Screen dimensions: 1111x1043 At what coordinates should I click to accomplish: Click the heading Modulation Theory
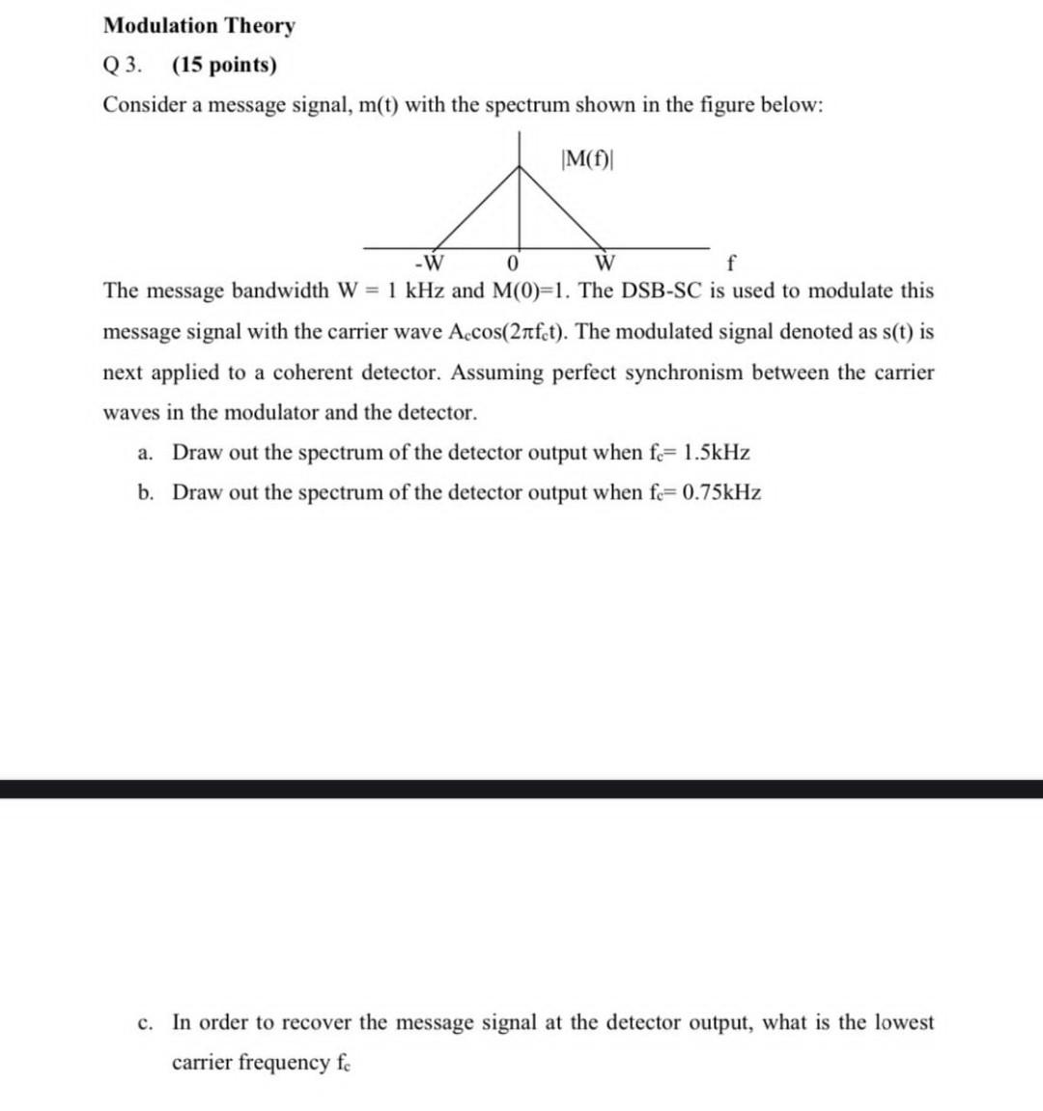tap(199, 25)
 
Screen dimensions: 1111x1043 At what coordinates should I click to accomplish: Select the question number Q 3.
tap(122, 66)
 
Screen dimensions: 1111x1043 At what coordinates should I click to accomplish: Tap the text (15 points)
tap(224, 66)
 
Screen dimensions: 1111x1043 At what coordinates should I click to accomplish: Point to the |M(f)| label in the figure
tap(587, 158)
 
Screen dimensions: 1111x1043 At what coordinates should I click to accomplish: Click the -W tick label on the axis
tap(427, 263)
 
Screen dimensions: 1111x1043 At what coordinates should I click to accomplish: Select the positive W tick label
tap(606, 263)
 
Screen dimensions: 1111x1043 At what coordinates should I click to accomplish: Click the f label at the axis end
tap(730, 263)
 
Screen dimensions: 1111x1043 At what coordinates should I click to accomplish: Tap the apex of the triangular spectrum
tap(521, 166)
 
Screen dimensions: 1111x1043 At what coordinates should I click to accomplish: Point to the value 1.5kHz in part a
tap(716, 453)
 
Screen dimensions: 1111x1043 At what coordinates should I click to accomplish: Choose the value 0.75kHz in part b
tap(721, 493)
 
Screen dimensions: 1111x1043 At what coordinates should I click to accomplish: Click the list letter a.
tap(144, 453)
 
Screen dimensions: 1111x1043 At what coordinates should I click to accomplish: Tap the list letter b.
tap(144, 493)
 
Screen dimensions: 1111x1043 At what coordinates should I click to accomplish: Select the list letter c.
tap(144, 1022)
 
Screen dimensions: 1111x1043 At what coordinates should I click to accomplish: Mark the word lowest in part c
tap(900, 1022)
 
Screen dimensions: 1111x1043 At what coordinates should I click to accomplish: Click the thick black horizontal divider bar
tap(521, 789)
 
